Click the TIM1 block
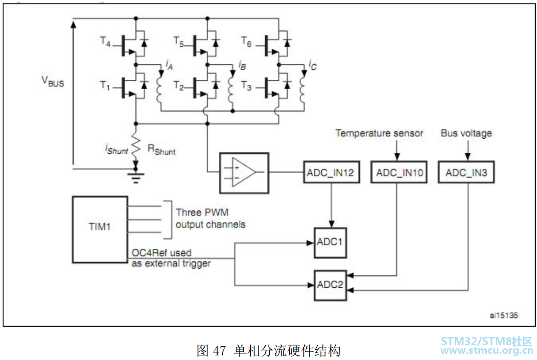pyautogui.click(x=100, y=230)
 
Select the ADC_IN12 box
pyautogui.click(x=331, y=172)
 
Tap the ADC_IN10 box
pyautogui.click(x=399, y=172)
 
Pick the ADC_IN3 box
pyautogui.click(x=466, y=172)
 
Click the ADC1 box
pyautogui.click(x=330, y=243)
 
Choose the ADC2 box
pyautogui.click(x=330, y=285)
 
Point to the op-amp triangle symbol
pyautogui.click(x=244, y=172)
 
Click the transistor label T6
pyautogui.click(x=246, y=42)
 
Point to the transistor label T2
pyautogui.click(x=178, y=86)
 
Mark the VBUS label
pyautogui.click(x=53, y=81)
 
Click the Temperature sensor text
pyautogui.click(x=379, y=133)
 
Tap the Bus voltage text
pyautogui.click(x=466, y=133)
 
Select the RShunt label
pyautogui.click(x=161, y=149)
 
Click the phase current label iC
pyautogui.click(x=313, y=65)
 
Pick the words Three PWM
pyautogui.click(x=202, y=212)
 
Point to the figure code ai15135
pyautogui.click(x=504, y=316)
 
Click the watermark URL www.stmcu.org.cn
pyautogui.click(x=486, y=350)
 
